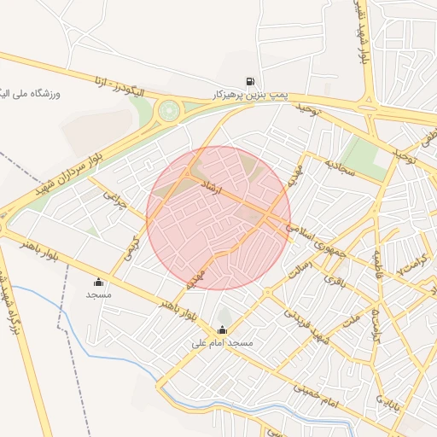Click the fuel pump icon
250,82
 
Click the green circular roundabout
169,110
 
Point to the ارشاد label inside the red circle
210,187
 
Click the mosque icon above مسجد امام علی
223,330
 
